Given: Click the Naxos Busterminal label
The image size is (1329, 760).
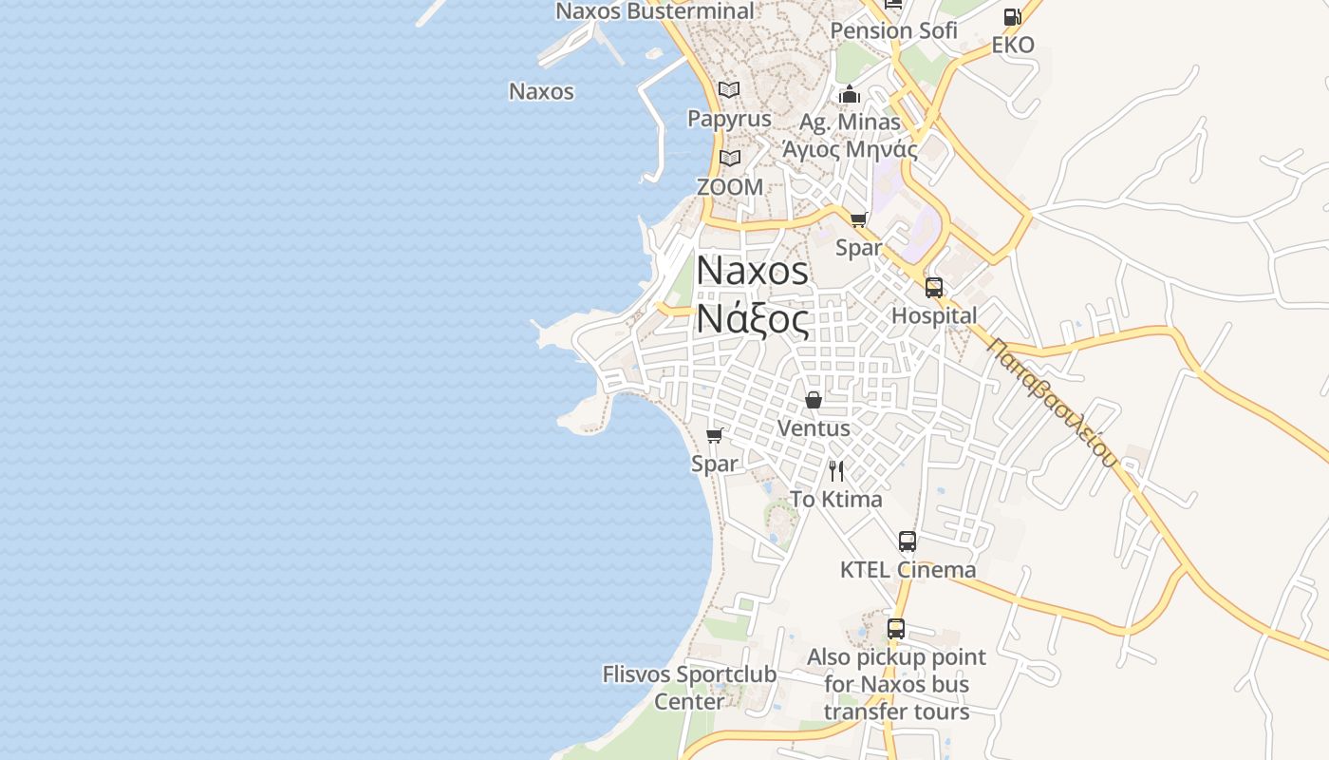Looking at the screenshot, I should pos(654,11).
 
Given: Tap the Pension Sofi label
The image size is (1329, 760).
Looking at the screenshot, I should pos(893,30).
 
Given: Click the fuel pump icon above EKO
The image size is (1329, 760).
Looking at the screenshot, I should pos(1012,17).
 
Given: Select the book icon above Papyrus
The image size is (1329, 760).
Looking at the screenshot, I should pos(729,90).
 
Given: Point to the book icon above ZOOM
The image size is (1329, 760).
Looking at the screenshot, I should pos(729,158).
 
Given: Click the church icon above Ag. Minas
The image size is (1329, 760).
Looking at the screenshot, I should pos(850,94).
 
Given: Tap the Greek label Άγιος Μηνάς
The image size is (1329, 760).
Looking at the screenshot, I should pos(850,149).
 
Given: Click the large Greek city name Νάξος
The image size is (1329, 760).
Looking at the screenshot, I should pos(753,319).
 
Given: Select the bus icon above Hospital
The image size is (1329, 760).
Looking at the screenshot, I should pos(934,288).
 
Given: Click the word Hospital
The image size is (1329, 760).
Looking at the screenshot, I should pos(934,315).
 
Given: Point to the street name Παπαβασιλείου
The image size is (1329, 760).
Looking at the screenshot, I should pos(1051,403).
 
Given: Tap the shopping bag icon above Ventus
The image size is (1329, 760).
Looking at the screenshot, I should pos(814,400).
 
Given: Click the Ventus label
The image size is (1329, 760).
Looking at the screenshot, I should pos(814,428).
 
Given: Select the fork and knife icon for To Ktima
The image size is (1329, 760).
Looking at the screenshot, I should pos(836,470).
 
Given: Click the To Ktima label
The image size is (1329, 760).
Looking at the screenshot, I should pos(836,499).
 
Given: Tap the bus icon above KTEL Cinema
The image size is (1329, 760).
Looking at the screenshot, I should pos(908,541).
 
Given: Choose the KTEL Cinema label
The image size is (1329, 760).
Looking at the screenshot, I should pos(908,570).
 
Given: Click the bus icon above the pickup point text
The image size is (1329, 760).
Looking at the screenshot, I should pos(896,629).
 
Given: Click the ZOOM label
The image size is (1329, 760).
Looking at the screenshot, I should pos(729,187).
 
